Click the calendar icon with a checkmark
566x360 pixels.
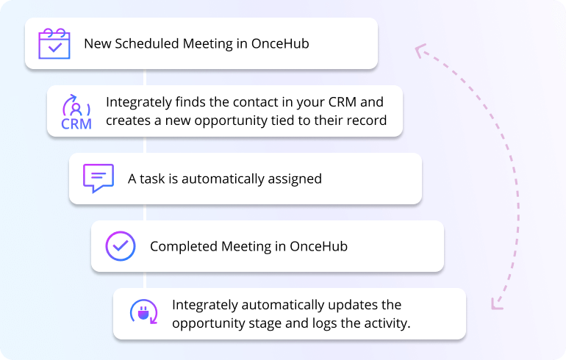54,43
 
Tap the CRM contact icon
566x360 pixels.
76,111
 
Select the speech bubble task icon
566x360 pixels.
98,179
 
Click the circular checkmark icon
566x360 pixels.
120,246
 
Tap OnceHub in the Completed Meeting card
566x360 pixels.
317,246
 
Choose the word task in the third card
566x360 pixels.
153,179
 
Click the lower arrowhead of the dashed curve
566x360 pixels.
496,303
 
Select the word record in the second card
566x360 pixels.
365,120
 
